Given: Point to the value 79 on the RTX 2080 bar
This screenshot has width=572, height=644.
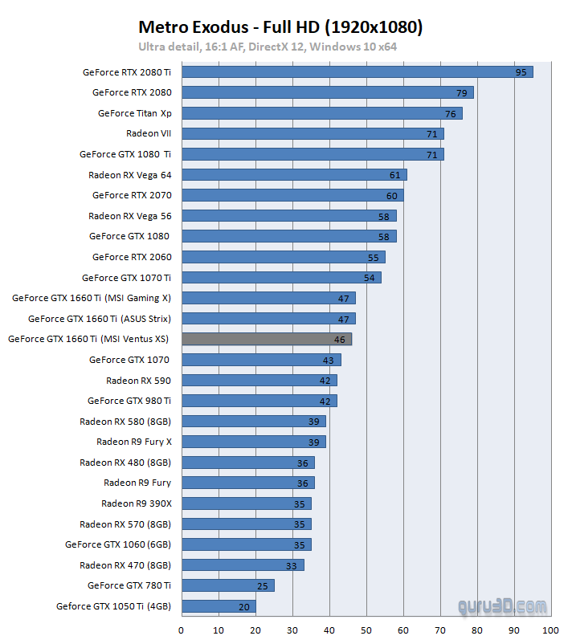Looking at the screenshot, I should click(462, 93).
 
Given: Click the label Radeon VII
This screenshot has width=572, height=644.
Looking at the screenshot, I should click(149, 133).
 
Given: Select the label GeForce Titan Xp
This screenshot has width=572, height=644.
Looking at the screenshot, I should click(135, 113).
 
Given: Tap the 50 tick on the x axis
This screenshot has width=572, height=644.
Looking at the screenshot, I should click(366, 630).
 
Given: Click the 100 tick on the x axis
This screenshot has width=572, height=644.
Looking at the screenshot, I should click(550, 630).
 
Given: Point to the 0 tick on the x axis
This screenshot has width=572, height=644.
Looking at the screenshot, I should click(182, 630).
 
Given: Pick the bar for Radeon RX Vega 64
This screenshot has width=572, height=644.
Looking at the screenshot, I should click(293, 175).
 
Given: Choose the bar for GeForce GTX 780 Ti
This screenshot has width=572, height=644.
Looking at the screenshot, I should click(227, 586).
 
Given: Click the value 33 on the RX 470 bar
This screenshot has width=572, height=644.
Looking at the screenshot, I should click(291, 565).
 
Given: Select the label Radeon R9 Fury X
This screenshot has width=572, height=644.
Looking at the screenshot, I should click(134, 442).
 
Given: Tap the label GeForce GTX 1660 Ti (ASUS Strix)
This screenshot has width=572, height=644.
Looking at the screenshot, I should click(100, 319).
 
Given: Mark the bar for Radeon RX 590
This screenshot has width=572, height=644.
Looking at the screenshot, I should click(259, 381).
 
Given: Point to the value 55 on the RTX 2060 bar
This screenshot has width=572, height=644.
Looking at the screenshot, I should click(373, 258).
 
